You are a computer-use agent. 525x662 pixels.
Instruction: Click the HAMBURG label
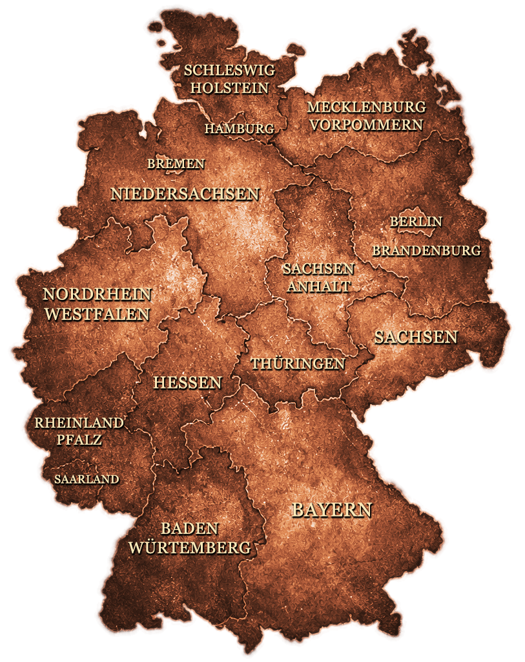point(240,129)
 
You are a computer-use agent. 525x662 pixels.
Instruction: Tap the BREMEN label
point(176,164)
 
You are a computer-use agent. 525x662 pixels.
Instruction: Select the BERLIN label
point(416,222)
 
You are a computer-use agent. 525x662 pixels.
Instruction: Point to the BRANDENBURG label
point(426,250)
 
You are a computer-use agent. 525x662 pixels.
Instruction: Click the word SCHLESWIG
point(229,70)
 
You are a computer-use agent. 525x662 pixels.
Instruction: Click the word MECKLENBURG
point(366,107)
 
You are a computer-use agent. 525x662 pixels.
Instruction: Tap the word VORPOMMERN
point(366,125)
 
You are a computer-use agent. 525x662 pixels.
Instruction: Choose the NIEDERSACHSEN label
point(185,194)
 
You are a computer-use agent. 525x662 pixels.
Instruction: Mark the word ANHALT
point(318,286)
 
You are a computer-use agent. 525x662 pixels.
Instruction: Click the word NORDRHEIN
point(97,295)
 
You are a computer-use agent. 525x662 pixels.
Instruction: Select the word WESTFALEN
point(96,315)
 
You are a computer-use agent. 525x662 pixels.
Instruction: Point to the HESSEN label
point(187,383)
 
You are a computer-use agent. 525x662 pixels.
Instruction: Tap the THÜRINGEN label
point(298,364)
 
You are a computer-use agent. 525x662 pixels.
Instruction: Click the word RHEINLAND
point(79,423)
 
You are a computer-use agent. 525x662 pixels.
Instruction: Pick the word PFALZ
point(78,440)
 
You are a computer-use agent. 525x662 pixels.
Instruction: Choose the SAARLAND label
point(87,479)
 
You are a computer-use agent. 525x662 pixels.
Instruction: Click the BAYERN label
point(332,509)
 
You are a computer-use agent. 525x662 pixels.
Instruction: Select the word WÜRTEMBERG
point(189,548)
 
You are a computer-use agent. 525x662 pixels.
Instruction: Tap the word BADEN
point(190,529)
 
